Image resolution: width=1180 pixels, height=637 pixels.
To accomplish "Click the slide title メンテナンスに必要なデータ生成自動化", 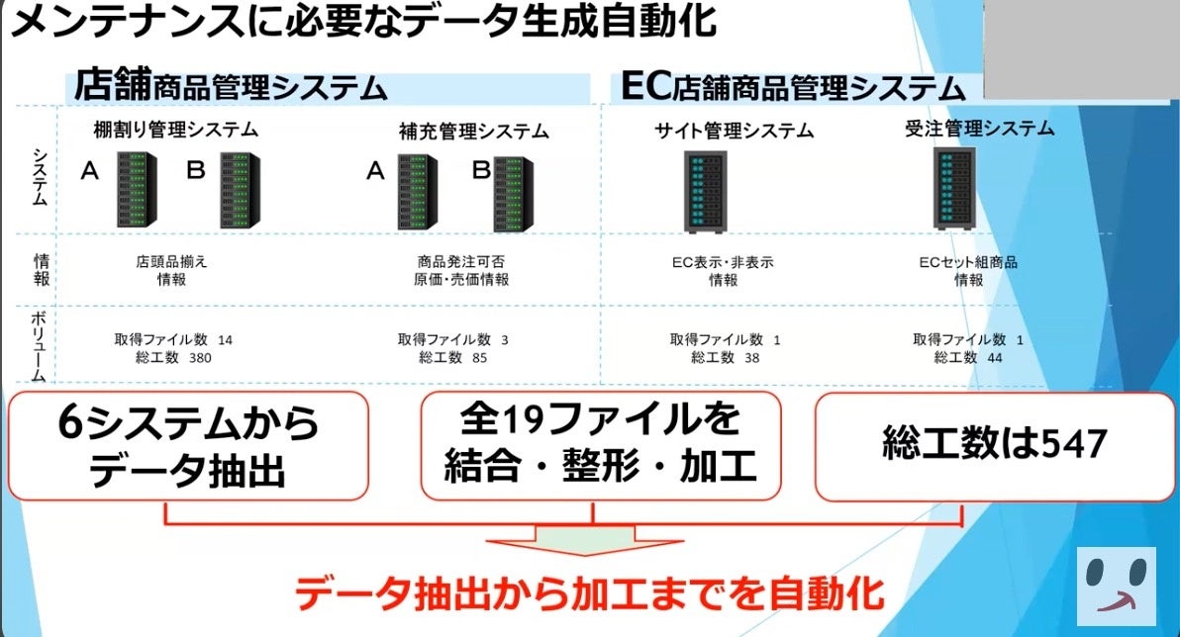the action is pos(361,22).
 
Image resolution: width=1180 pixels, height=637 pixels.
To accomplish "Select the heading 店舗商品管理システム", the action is pos(231,85).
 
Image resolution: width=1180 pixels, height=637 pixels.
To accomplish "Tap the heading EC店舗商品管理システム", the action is pos(793,86).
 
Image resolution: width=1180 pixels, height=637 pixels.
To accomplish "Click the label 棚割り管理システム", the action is pos(175,129).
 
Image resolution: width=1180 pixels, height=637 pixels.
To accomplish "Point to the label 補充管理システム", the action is pos(473,131).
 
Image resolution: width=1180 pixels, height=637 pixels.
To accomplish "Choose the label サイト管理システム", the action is pos(734,130).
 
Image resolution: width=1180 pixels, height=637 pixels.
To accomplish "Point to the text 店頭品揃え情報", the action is pos(171,271).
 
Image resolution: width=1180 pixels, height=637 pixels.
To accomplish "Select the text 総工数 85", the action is pos(452,357).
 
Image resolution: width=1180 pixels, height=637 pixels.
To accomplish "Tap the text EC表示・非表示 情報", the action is pos(722,271).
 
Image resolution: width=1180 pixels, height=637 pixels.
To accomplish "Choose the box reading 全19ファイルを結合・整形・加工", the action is pos(601,444).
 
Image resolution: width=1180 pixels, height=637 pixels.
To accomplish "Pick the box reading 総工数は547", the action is pos(993,445).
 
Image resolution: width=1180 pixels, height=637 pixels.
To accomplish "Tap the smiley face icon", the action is pos(1116,586).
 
